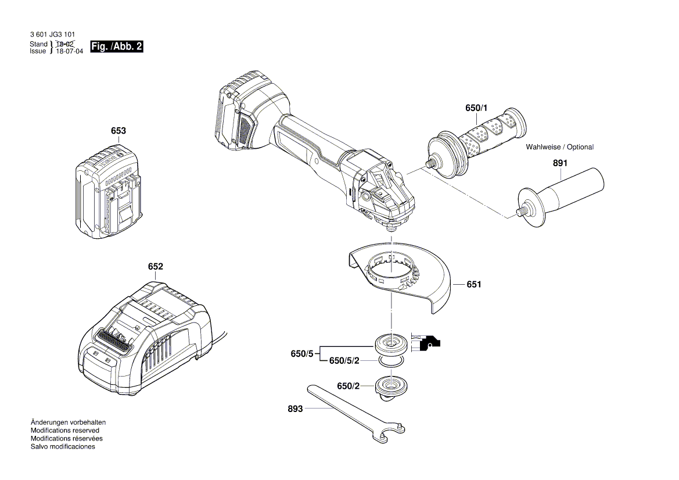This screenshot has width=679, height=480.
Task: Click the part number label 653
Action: tap(118, 131)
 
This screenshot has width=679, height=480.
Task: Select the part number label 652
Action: tap(155, 267)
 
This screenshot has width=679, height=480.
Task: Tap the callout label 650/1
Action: tap(477, 109)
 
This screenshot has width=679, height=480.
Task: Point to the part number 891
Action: tap(559, 164)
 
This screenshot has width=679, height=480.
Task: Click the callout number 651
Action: tap(474, 285)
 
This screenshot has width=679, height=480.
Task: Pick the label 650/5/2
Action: tap(344, 361)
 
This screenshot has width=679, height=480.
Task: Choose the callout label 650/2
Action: tap(349, 386)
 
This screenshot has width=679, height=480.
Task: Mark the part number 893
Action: tap(295, 409)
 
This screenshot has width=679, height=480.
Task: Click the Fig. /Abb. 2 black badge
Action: tap(117, 47)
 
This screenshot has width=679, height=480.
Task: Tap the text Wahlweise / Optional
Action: tap(559, 147)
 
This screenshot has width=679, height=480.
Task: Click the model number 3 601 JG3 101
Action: tap(52, 35)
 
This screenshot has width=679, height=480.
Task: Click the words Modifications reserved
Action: tap(64, 431)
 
